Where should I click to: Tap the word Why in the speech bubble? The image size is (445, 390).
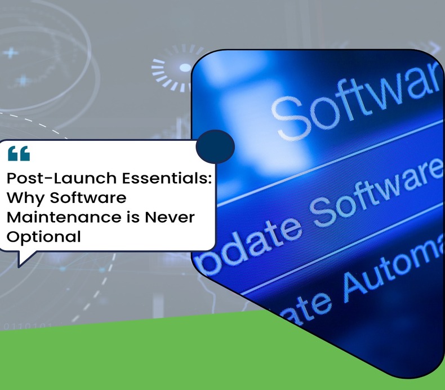point(24,198)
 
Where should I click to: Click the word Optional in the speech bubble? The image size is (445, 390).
point(43,237)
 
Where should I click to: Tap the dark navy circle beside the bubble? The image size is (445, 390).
point(215,147)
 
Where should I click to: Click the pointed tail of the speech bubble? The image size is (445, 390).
point(24,259)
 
